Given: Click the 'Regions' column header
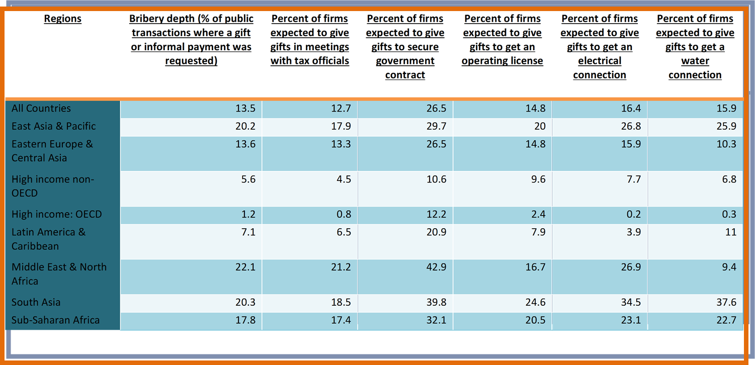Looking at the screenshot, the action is pyautogui.click(x=63, y=19).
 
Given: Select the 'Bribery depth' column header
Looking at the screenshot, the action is pyautogui.click(x=191, y=39).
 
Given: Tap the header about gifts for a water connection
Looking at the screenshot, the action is pyautogui.click(x=695, y=47).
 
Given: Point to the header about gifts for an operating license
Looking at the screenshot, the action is pyautogui.click(x=502, y=39).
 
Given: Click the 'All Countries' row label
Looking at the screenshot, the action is pyautogui.click(x=41, y=108).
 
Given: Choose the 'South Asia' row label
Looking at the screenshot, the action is pyautogui.click(x=36, y=302).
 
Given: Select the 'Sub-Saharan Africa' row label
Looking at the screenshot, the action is pyautogui.click(x=56, y=320).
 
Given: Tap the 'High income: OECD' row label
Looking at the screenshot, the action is pyautogui.click(x=57, y=214).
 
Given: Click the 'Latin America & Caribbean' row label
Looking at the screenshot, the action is pyautogui.click(x=48, y=239).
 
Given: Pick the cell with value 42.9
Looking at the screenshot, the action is pyautogui.click(x=436, y=267).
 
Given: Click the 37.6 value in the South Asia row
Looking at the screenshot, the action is pyautogui.click(x=726, y=302).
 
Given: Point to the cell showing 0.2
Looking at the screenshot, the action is pyautogui.click(x=633, y=214).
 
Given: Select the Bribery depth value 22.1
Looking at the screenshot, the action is pyautogui.click(x=245, y=267).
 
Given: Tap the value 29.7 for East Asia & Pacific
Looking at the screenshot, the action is pyautogui.click(x=436, y=126).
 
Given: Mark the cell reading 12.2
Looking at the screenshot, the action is pyautogui.click(x=436, y=214).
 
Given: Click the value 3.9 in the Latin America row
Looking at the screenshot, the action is pyautogui.click(x=633, y=232).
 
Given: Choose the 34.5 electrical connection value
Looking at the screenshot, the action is pyautogui.click(x=631, y=302).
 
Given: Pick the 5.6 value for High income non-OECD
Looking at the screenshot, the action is pyautogui.click(x=248, y=179).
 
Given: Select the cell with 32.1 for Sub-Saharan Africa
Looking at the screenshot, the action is pyautogui.click(x=436, y=320).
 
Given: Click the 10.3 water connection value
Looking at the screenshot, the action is pyautogui.click(x=726, y=144).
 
